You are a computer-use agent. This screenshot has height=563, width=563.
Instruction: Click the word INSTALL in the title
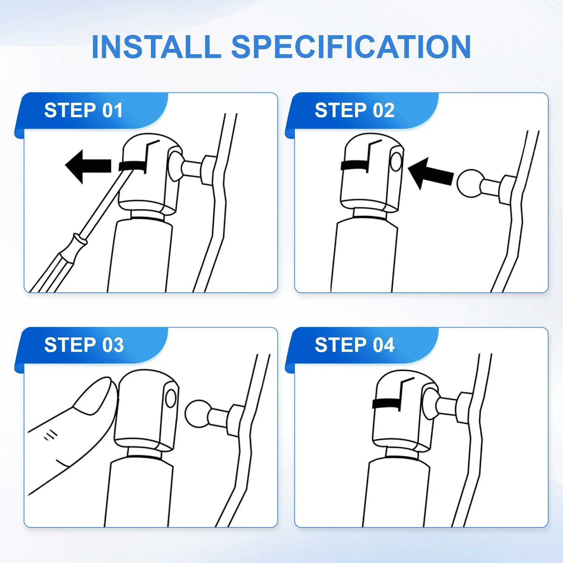156,47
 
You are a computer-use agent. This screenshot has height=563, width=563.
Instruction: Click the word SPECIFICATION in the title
351,47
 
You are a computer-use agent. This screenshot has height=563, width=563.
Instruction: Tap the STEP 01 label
83,110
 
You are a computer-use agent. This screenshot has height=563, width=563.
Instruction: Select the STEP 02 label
355,110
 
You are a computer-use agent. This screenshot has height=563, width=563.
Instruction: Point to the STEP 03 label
84,345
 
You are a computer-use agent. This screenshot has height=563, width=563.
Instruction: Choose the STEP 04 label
355,345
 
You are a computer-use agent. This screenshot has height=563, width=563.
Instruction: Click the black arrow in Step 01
88,166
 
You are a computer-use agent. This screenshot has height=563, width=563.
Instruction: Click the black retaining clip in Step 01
133,166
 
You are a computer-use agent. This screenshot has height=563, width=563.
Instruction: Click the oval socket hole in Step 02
396,162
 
